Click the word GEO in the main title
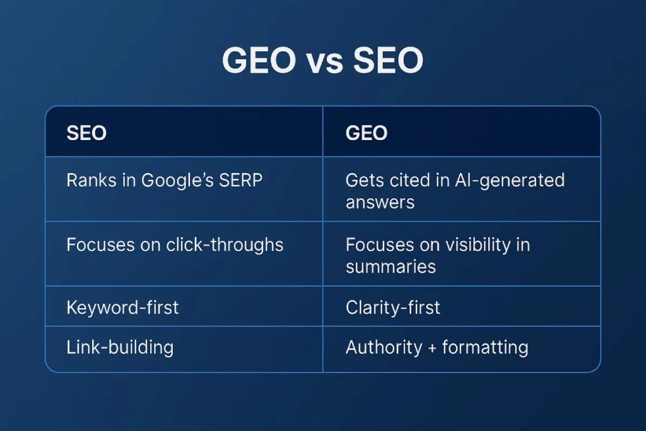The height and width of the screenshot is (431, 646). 259,60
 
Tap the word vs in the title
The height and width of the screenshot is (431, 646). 325,62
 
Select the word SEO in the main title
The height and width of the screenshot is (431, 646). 388,60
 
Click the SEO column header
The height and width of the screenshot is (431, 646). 86,133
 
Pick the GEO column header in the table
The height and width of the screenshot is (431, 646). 367,133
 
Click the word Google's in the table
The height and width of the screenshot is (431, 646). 177,181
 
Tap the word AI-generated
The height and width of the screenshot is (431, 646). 510,181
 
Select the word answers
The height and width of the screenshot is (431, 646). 380,203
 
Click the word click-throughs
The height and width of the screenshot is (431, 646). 225,245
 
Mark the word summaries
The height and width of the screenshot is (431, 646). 391,267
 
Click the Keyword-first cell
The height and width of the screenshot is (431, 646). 122,308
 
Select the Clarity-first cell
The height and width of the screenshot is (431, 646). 392,308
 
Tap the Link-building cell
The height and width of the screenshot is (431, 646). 120,348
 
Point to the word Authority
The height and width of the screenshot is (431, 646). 384,348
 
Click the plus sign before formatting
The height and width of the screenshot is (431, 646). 432,348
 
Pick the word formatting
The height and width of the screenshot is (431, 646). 485,348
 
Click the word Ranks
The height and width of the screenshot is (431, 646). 91,180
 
